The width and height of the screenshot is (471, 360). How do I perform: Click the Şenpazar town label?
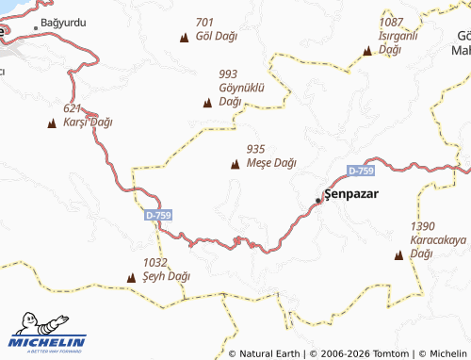coord(350,193)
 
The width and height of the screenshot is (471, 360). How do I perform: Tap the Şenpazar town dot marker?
coord(318,200)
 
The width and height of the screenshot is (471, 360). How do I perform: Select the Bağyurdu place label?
coord(62,21)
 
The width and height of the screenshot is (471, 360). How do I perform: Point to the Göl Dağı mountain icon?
coord(184,37)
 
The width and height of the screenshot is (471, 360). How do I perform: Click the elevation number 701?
coord(205,23)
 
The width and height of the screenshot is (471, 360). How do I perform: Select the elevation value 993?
coord(228,74)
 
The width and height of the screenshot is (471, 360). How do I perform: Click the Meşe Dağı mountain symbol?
coord(235,164)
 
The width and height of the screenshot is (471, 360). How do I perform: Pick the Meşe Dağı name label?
coord(271,163)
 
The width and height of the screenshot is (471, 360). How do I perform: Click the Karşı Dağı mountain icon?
coord(52,123)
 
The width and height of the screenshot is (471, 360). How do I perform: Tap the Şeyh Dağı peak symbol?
coord(131,278)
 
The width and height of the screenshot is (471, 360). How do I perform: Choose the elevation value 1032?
coord(155,263)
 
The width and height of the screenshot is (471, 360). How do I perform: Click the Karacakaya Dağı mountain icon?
coord(398,254)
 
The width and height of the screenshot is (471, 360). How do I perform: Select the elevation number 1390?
coord(423,226)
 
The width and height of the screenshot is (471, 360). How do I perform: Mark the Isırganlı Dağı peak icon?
coord(367,51)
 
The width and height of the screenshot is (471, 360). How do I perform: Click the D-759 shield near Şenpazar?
coord(361,171)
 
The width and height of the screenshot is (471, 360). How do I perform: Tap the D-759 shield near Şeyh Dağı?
coord(158,216)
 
